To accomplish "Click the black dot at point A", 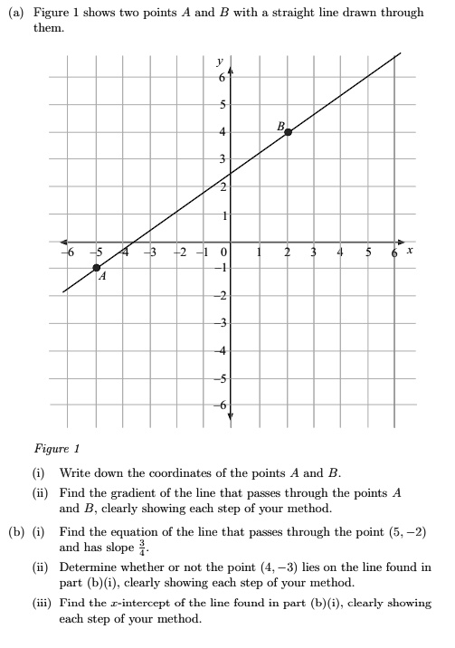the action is pyautogui.click(x=97, y=268).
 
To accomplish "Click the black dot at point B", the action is pyautogui.click(x=288, y=132).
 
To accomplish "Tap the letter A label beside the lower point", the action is pyautogui.click(x=102, y=279).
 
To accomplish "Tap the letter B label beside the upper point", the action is pyautogui.click(x=280, y=125).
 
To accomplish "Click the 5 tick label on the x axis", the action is pyautogui.click(x=369, y=253).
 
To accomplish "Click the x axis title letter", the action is pyautogui.click(x=411, y=252).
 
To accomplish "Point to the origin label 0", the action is pyautogui.click(x=224, y=253).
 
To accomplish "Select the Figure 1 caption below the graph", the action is pyautogui.click(x=57, y=448).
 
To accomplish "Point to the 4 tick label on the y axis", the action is pyautogui.click(x=221, y=133).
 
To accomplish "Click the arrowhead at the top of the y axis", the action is pyautogui.click(x=230, y=66).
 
